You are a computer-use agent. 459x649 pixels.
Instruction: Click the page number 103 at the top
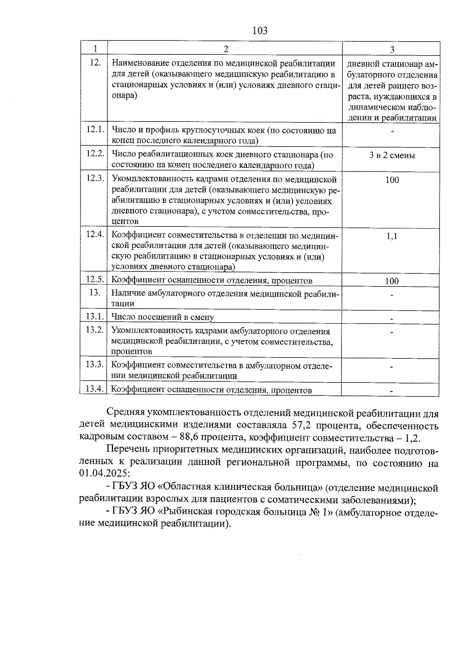[260, 31]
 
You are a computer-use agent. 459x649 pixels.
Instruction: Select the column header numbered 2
[226, 49]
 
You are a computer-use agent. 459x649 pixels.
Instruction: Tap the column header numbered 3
[392, 49]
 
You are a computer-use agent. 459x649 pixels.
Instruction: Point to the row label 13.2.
[95, 330]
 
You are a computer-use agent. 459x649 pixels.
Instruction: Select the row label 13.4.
[95, 389]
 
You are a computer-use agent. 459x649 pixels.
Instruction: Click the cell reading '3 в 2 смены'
[392, 155]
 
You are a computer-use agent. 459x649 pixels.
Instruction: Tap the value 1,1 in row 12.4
[392, 236]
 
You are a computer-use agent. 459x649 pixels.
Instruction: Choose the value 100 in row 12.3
[392, 180]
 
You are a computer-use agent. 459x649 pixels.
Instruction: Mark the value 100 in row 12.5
[392, 281]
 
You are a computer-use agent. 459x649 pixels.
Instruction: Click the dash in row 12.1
[392, 132]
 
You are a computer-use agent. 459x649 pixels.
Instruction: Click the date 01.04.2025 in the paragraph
[104, 473]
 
